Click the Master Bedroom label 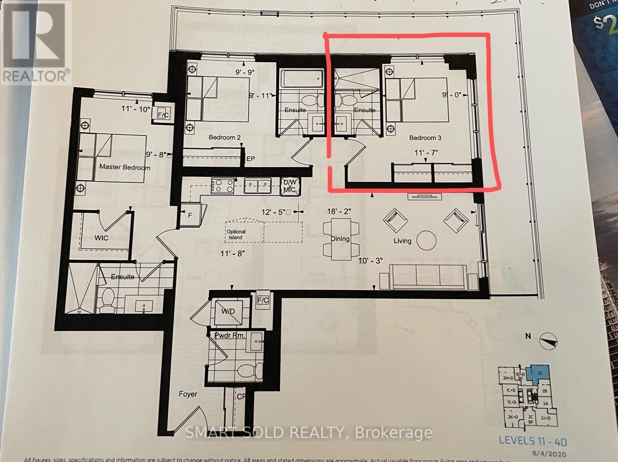[x=125, y=167]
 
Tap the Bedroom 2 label [x=225, y=137]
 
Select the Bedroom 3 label [x=425, y=138]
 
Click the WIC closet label [x=101, y=238]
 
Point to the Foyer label [x=188, y=394]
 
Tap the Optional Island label [x=236, y=235]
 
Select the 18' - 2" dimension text [x=339, y=211]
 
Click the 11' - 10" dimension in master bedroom [x=135, y=109]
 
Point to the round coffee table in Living [x=426, y=240]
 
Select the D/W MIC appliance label [x=289, y=186]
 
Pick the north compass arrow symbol [x=549, y=341]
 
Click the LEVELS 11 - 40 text [x=532, y=441]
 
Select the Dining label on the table [x=340, y=239]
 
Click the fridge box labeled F [x=190, y=216]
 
